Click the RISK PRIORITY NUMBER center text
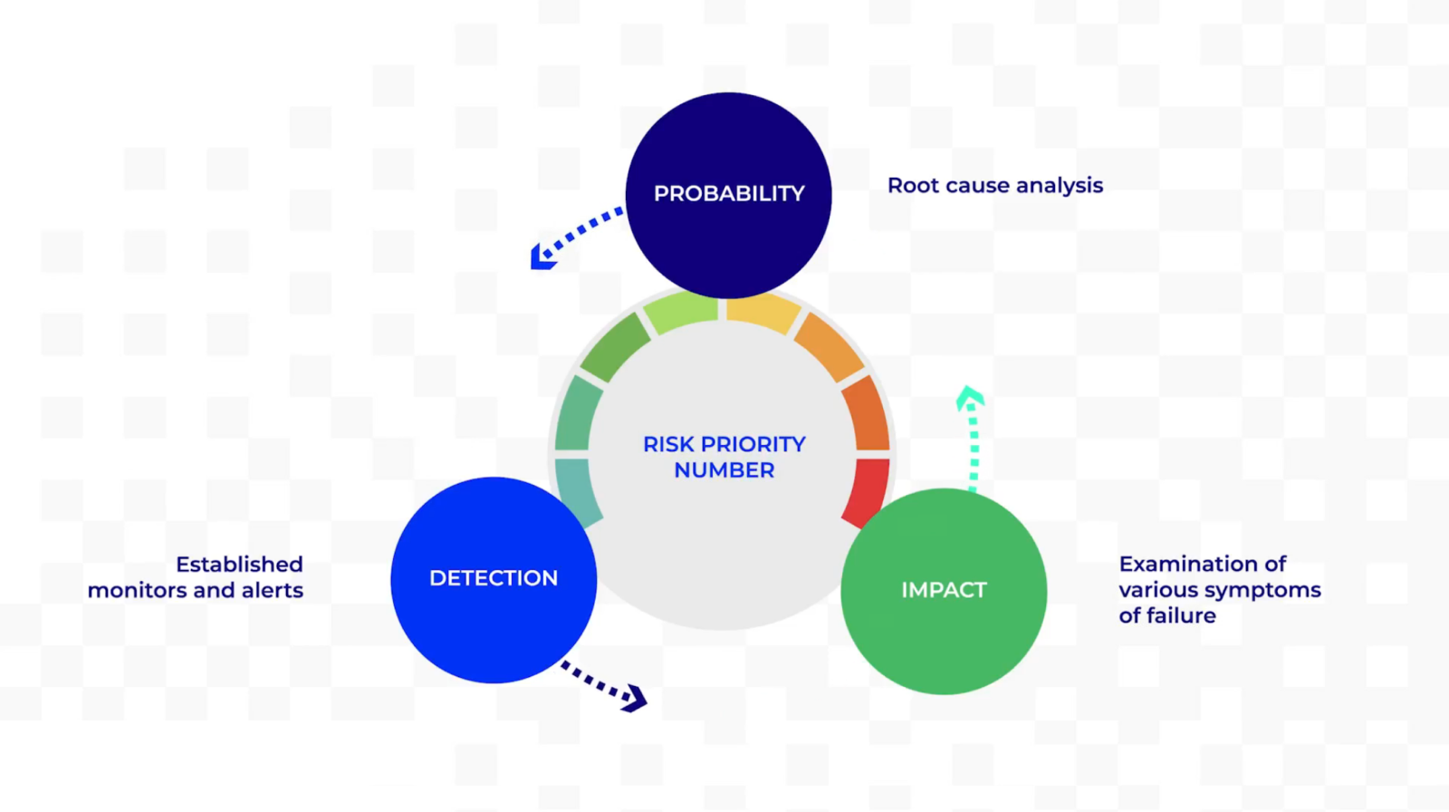click(x=724, y=457)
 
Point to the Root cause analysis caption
click(x=994, y=186)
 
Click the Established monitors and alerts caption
click(x=196, y=577)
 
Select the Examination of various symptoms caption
click(x=1219, y=590)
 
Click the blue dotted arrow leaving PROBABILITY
click(x=572, y=237)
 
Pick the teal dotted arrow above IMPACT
click(x=973, y=439)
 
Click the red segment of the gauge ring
click(x=868, y=490)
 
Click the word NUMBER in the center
click(x=724, y=470)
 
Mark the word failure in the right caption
click(x=1180, y=616)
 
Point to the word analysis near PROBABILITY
click(x=1060, y=186)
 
